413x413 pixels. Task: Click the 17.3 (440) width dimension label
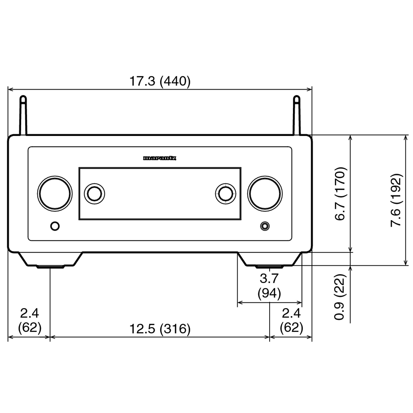[160, 81]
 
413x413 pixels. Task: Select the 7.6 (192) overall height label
[396, 200]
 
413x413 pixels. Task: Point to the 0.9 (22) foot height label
[340, 297]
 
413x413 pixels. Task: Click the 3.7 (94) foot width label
[269, 286]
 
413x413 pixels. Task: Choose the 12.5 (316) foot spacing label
[160, 329]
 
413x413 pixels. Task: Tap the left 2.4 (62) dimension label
[29, 320]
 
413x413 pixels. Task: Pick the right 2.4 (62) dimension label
[291, 320]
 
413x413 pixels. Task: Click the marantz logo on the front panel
[160, 158]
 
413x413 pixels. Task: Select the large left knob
[55, 193]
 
